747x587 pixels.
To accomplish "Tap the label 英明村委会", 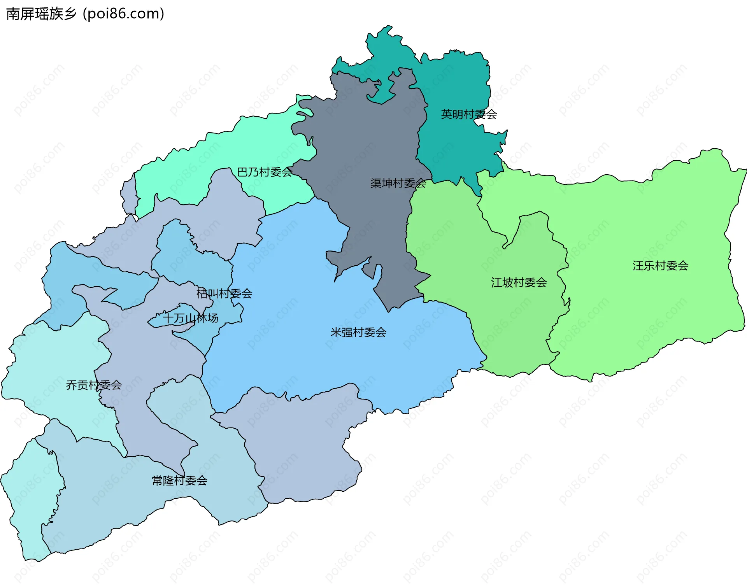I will coord(469,114).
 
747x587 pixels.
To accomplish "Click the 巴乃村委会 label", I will coord(265,172).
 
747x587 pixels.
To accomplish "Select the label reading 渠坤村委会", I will coord(398,183).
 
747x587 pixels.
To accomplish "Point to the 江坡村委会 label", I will coord(519,282).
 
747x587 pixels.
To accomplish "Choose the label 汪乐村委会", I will coord(660,266).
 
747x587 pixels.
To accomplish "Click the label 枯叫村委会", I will coord(224,293).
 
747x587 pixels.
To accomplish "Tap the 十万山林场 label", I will coord(191,318).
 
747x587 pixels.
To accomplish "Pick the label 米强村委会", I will coord(358,332).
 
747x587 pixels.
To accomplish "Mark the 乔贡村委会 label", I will coord(94,385).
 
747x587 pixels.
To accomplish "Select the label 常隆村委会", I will coord(179,481).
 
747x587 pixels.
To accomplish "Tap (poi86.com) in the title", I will coord(123,14).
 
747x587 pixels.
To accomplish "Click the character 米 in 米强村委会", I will coord(336,332).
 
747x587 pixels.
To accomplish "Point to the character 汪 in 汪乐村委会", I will coord(638,266).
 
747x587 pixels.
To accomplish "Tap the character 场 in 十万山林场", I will coord(213,318).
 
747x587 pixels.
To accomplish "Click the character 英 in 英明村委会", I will coord(447,114).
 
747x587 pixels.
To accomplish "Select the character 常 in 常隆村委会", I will coord(157,481).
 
